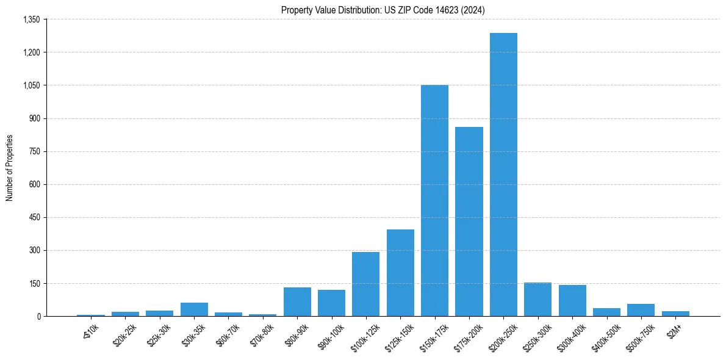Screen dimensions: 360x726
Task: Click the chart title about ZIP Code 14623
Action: coord(383,10)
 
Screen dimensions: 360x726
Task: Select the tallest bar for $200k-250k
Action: coord(503,175)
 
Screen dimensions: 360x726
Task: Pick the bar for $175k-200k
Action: coord(469,221)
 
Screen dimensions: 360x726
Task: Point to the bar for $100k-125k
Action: coord(366,284)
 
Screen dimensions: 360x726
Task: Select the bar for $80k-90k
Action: coord(297,301)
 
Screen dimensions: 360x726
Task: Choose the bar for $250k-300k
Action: coord(537,299)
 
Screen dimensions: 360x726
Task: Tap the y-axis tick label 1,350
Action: coord(31,20)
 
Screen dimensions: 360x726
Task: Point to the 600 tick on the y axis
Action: coord(34,184)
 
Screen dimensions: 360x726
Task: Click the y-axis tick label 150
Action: coord(34,283)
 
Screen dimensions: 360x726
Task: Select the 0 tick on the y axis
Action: coord(38,316)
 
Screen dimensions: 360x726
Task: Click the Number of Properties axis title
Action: coord(10,168)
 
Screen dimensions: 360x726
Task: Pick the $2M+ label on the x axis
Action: coord(674,331)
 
